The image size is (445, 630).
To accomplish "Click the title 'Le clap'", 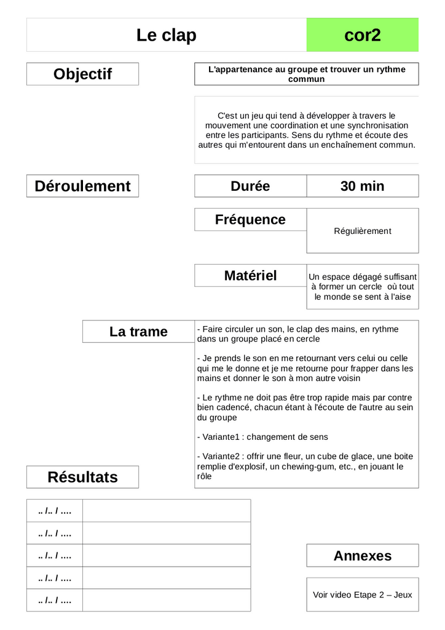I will (x=167, y=35).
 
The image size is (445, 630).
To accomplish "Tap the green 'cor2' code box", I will (x=362, y=35).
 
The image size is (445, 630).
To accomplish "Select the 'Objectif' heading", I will (x=82, y=74).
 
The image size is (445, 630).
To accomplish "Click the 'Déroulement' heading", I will (x=82, y=186).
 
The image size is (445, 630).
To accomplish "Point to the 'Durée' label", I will (x=250, y=186).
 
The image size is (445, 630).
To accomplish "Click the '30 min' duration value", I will (x=362, y=186).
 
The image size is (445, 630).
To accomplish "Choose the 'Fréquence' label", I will (x=250, y=220).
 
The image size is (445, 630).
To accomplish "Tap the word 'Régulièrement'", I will (x=362, y=231).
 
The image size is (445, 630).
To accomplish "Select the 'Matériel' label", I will (x=250, y=276).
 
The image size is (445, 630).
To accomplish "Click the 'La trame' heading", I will (x=138, y=332).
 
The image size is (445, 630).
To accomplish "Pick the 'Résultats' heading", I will (x=82, y=477).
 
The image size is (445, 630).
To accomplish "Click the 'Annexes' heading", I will (x=362, y=556).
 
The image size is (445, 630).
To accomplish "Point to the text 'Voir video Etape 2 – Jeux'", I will (x=362, y=595).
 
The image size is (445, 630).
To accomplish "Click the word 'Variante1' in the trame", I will (x=221, y=437).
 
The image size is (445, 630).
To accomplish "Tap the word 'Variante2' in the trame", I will (x=221, y=457).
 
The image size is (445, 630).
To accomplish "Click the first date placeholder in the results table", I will (x=55, y=511).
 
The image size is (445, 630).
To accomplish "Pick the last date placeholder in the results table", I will (x=55, y=600).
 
